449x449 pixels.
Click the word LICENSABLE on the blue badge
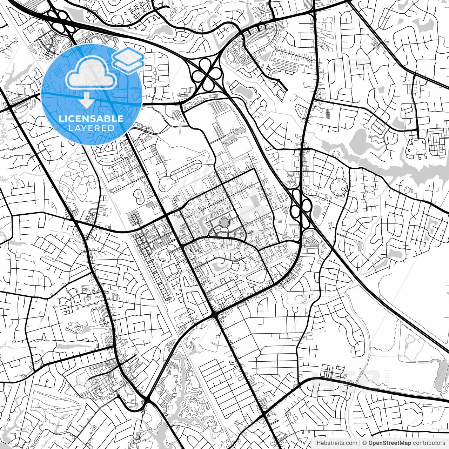point(91,119)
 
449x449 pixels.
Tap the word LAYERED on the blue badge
point(91,128)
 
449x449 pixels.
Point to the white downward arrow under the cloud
point(86,102)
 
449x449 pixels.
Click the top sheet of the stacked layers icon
point(128,55)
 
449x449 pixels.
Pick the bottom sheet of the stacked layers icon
point(128,65)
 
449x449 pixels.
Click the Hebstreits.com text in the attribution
point(337,443)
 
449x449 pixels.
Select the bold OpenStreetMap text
point(389,443)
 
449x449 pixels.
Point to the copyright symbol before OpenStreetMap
point(365,443)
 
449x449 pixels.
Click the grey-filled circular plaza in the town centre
point(223,222)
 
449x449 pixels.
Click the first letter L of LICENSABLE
point(61,119)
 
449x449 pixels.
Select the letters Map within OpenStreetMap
point(406,443)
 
